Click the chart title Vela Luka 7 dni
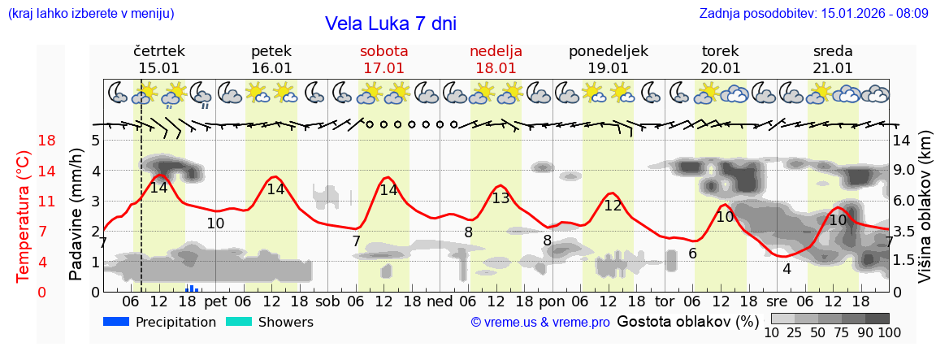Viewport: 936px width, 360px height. [390, 24]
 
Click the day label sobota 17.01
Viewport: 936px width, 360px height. [383, 59]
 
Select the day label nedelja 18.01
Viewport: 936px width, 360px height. [496, 59]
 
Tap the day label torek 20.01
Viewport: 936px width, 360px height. [721, 59]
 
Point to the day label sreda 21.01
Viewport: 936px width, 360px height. [833, 59]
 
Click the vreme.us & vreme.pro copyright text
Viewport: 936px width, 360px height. [540, 322]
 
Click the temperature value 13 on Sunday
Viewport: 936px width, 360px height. [500, 197]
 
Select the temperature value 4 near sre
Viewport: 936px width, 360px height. [786, 268]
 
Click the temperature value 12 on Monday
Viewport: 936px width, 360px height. [613, 206]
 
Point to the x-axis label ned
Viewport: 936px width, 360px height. [440, 301]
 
